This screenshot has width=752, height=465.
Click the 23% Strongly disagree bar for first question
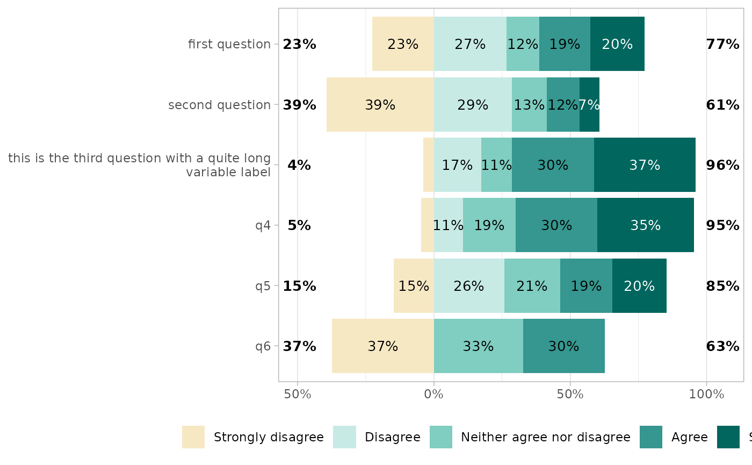pyautogui.click(x=403, y=44)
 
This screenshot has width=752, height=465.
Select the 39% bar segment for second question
pyautogui.click(x=380, y=105)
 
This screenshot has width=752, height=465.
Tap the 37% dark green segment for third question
pyautogui.click(x=645, y=165)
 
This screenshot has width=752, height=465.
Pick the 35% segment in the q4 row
pyautogui.click(x=645, y=225)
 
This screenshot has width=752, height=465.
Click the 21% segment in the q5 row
pyautogui.click(x=532, y=286)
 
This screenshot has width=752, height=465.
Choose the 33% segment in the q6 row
pyautogui.click(x=478, y=346)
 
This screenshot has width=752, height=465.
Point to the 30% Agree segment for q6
pyautogui.click(x=563, y=346)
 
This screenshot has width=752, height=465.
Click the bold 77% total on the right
pyautogui.click(x=722, y=45)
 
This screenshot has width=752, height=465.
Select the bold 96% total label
pyautogui.click(x=722, y=166)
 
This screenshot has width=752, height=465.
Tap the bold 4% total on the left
pyautogui.click(x=299, y=166)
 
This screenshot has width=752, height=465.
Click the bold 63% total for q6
pyautogui.click(x=722, y=347)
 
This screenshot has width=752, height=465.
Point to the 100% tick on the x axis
pyautogui.click(x=706, y=395)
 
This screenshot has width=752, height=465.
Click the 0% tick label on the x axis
pyautogui.click(x=434, y=395)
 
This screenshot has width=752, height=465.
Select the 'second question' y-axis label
pyautogui.click(x=219, y=105)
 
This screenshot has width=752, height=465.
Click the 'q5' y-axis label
pyautogui.click(x=263, y=286)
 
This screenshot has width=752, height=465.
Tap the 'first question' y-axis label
pyautogui.click(x=229, y=44)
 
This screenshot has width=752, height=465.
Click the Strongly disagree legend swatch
pyautogui.click(x=193, y=437)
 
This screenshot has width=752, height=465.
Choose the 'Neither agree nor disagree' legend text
pyautogui.click(x=545, y=437)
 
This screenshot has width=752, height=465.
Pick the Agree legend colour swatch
pyautogui.click(x=651, y=437)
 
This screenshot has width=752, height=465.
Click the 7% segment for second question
pyautogui.click(x=589, y=105)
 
